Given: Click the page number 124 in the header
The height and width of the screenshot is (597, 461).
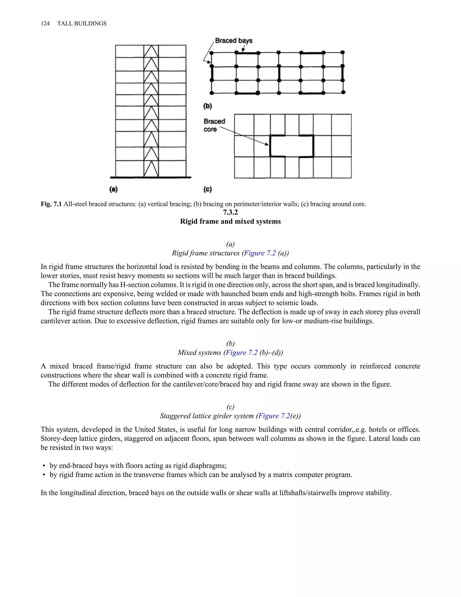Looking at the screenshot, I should (x=45, y=23).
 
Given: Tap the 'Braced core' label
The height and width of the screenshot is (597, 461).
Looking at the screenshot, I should (x=214, y=125).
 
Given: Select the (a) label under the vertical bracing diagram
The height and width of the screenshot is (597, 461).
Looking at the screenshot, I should (x=113, y=189).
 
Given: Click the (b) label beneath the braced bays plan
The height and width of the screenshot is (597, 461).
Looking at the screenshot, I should (x=208, y=106).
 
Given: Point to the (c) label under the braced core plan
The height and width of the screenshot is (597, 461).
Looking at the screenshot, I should (x=208, y=189).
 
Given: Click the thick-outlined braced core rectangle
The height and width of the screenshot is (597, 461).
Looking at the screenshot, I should (x=292, y=146).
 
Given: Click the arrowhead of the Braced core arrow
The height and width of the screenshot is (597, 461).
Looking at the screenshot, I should (x=267, y=144).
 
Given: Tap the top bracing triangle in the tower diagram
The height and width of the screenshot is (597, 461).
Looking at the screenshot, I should (x=151, y=51).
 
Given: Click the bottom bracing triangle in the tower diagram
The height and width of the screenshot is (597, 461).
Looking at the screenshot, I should (x=151, y=169).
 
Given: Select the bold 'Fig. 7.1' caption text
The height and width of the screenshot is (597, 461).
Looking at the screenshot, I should (x=51, y=204).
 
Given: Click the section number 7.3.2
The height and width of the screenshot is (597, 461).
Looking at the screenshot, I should (x=230, y=212).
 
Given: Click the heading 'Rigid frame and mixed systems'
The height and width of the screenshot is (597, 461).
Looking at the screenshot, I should (x=230, y=221).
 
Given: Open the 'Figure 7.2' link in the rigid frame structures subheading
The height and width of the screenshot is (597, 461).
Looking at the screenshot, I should (x=260, y=253).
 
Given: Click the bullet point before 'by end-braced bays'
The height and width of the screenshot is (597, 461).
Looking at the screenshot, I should (x=44, y=466).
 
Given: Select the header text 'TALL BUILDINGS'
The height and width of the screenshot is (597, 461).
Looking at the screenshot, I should (x=82, y=23).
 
